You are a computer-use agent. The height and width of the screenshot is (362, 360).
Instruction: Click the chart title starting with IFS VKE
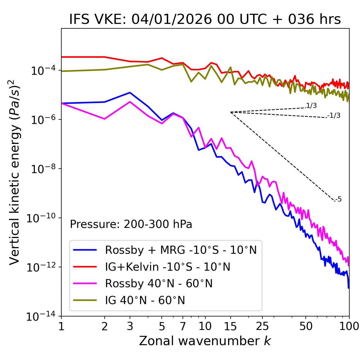[205, 19]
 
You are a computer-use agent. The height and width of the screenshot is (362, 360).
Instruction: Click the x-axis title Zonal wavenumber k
[205, 341]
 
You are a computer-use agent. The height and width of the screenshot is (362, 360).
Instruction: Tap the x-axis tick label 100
[349, 326]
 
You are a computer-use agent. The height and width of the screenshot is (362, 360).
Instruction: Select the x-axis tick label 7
[183, 326]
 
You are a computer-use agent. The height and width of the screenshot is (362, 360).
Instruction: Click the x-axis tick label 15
[230, 326]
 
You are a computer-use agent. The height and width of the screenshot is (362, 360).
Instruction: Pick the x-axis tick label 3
[130, 326]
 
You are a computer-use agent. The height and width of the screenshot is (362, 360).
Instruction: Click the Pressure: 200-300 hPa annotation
[131, 224]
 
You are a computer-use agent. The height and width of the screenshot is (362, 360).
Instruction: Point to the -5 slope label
[338, 199]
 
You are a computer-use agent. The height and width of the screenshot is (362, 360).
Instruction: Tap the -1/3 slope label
[334, 115]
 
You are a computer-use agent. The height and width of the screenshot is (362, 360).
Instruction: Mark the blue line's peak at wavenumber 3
[130, 92]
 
